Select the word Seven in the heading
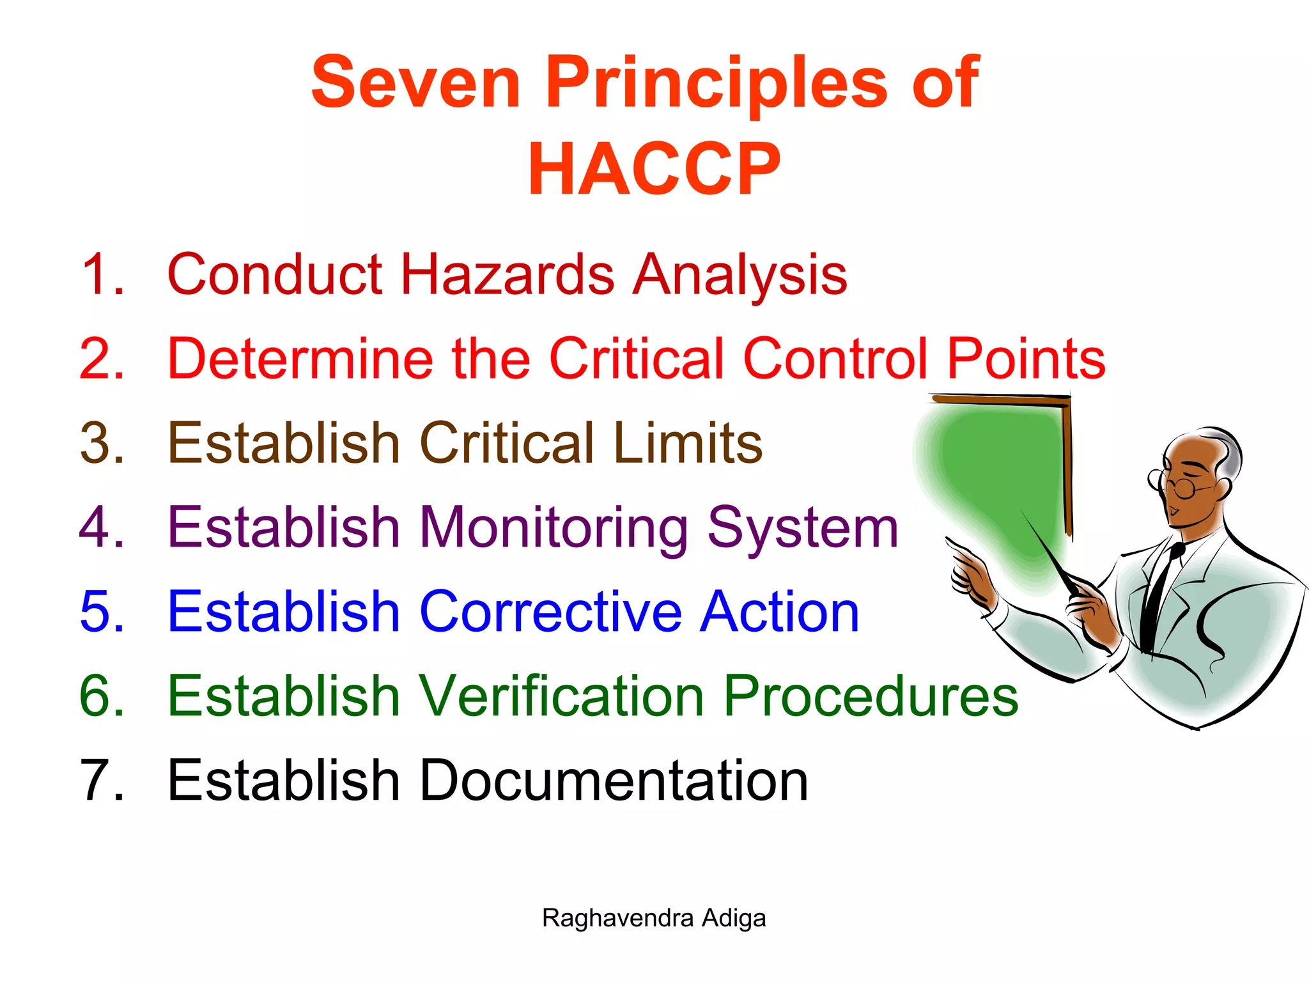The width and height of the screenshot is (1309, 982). pyautogui.click(x=415, y=83)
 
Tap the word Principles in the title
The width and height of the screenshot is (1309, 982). pyautogui.click(x=716, y=83)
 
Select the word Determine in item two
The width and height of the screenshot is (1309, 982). pyautogui.click(x=300, y=359)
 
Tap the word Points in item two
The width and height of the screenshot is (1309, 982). pyautogui.click(x=1026, y=359)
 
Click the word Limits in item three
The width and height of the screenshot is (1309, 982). pyautogui.click(x=687, y=443)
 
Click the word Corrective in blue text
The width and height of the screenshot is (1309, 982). pyautogui.click(x=550, y=612)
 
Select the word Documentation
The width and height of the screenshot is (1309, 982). pyautogui.click(x=614, y=781)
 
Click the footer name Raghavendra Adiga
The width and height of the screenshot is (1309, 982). pyautogui.click(x=653, y=919)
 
